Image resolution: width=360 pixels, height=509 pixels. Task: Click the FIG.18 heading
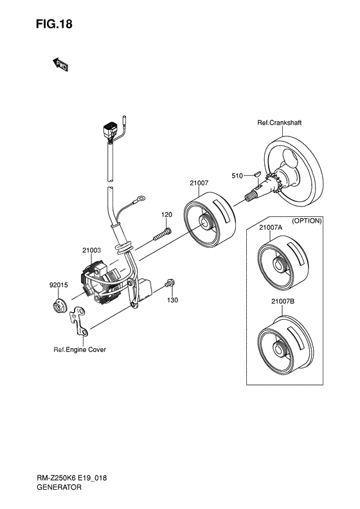54,24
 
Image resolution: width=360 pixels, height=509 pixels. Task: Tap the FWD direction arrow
60,65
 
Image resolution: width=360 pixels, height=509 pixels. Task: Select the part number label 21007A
271,228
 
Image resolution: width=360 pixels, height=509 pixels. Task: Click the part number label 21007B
283,302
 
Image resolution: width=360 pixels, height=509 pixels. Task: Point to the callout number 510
237,176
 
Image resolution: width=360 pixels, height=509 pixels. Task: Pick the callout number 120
166,214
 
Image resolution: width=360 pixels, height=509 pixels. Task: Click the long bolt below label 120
162,234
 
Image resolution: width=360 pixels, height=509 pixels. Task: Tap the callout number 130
172,301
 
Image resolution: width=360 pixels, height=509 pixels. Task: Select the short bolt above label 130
170,283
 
